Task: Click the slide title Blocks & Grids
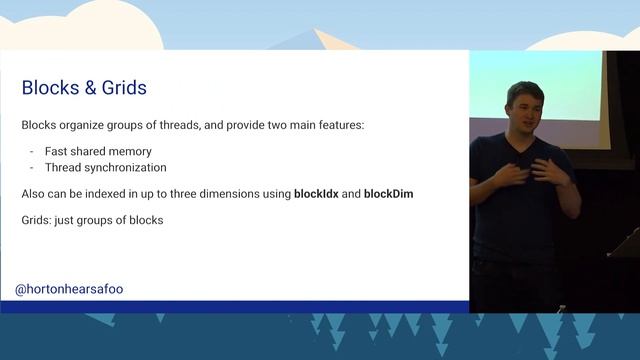pyautogui.click(x=84, y=88)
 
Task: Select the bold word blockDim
pyautogui.click(x=388, y=193)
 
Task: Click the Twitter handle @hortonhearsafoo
pyautogui.click(x=69, y=289)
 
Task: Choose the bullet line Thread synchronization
pyautogui.click(x=105, y=167)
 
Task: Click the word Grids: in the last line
pyautogui.click(x=38, y=219)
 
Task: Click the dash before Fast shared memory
pyautogui.click(x=32, y=150)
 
